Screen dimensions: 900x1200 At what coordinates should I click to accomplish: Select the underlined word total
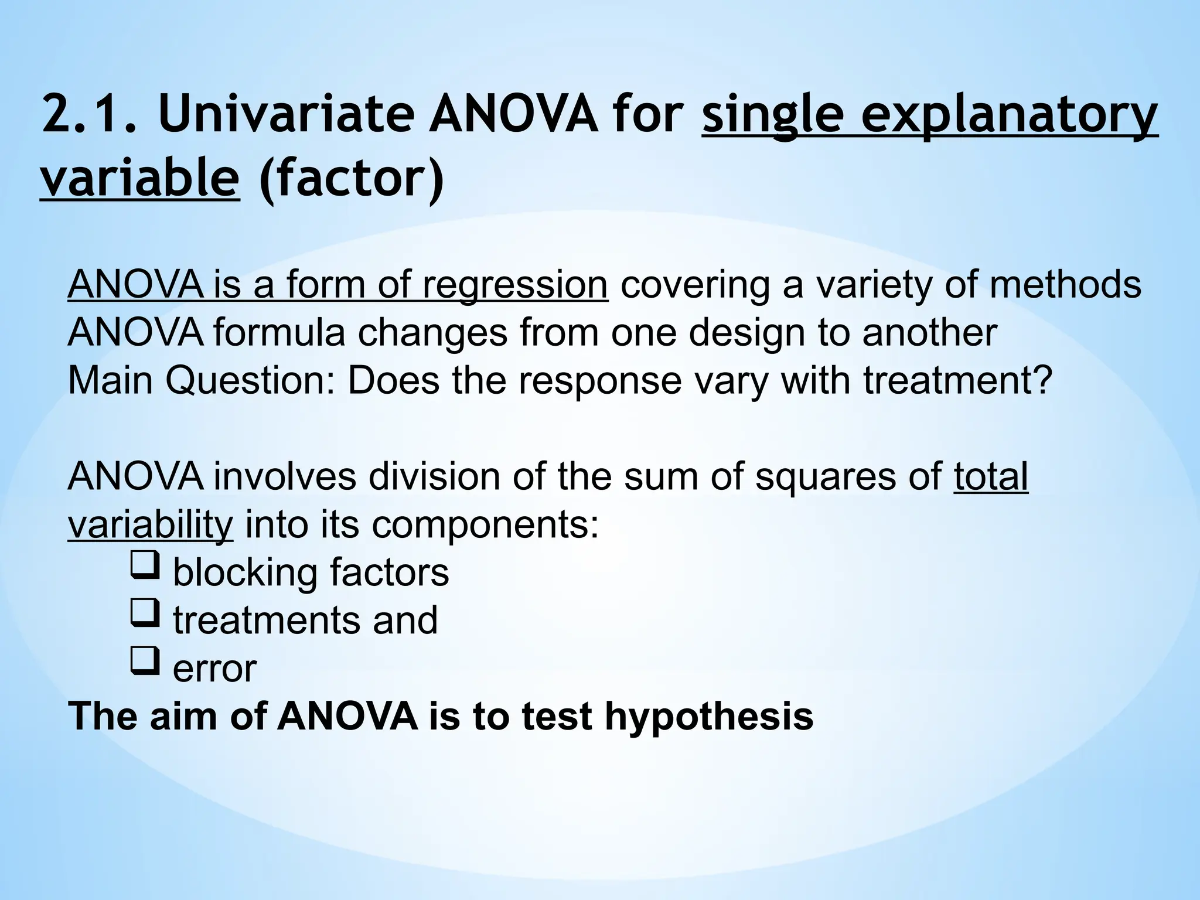click(x=991, y=476)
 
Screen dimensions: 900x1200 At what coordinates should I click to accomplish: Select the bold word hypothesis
click(x=708, y=716)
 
